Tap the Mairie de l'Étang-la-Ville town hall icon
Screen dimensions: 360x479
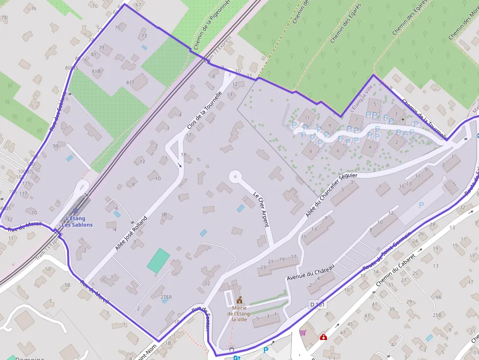coord(239,300)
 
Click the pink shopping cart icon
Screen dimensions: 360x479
coord(303,333)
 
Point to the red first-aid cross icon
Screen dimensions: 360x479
coord(323,337)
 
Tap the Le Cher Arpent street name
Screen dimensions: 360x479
coord(261,210)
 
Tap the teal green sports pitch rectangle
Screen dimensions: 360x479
coord(158,260)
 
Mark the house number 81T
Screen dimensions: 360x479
coord(130,83)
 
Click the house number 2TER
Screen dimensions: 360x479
coord(166,297)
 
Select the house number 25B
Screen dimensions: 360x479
coord(437,315)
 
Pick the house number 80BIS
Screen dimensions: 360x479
coord(71,68)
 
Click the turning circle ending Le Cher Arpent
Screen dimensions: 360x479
coord(235,176)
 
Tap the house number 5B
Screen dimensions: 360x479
coord(67,285)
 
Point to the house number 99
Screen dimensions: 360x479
coord(56,146)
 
